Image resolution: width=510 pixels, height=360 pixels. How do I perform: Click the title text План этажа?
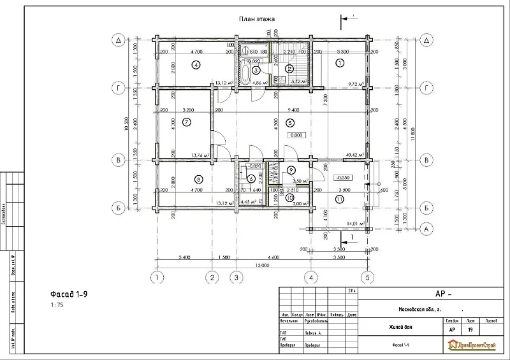pyautogui.click(x=256, y=20)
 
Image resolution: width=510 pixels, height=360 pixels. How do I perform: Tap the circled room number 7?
pyautogui.click(x=186, y=122)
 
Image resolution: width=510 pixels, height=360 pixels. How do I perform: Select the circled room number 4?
pyautogui.click(x=196, y=64)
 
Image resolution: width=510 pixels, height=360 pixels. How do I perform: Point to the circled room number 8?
pyautogui.click(x=198, y=179)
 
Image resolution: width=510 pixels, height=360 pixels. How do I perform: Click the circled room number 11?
pyautogui.click(x=339, y=199)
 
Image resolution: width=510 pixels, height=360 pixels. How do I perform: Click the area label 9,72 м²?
pyautogui.click(x=354, y=83)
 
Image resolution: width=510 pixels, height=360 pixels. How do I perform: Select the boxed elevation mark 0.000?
pyautogui.click(x=296, y=135)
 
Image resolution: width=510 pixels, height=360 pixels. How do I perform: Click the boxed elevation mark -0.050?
pyautogui.click(x=343, y=178)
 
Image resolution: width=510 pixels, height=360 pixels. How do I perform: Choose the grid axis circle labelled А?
pyautogui.click(x=428, y=227)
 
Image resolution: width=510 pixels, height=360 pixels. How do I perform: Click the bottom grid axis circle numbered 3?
pyautogui.click(x=237, y=277)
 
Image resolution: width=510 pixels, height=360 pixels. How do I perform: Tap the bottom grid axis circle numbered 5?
pyautogui.click(x=367, y=277)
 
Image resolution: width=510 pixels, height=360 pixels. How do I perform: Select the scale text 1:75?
pyautogui.click(x=57, y=305)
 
